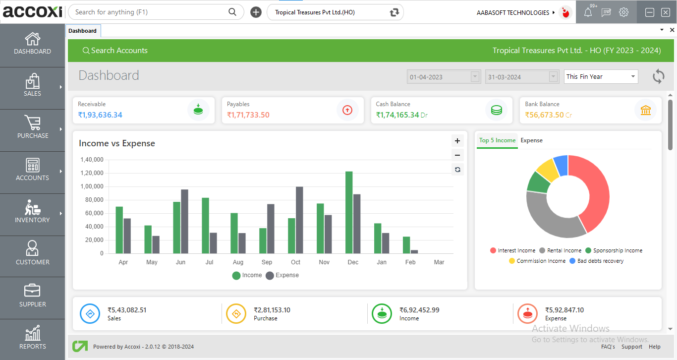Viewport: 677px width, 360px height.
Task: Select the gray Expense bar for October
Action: [x=299, y=220]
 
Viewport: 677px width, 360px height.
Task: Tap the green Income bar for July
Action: [x=205, y=226]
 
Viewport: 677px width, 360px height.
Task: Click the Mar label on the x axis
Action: [x=439, y=262]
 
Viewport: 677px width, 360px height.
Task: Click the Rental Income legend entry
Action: [x=560, y=250]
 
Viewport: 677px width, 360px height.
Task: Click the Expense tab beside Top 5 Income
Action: [x=531, y=140]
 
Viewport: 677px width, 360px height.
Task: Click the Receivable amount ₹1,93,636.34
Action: [x=100, y=115]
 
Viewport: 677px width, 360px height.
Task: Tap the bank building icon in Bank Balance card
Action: [x=645, y=110]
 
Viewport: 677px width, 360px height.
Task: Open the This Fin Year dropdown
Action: [x=601, y=77]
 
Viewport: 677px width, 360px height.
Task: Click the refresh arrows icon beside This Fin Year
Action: [x=658, y=76]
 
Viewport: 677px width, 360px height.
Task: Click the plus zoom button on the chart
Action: [x=457, y=141]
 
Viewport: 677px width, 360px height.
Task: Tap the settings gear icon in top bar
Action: [x=623, y=12]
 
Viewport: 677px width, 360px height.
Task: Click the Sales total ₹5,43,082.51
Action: [x=127, y=310]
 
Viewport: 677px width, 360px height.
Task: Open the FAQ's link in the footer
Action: [x=608, y=347]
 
